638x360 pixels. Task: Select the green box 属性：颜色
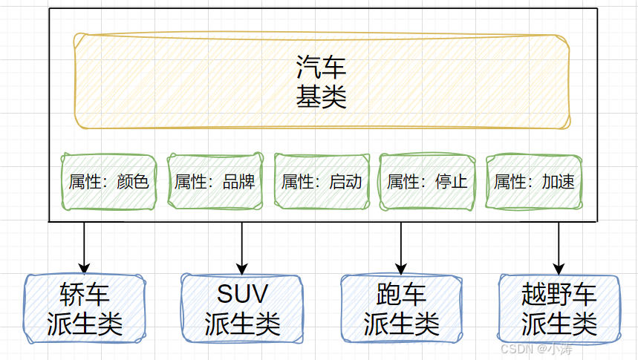tap(108, 182)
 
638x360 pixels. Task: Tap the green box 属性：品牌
tap(215, 182)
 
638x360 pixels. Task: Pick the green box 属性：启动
tap(322, 182)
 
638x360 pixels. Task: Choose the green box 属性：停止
tap(427, 182)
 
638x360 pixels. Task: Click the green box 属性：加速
tap(534, 182)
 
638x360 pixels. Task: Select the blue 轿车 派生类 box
tap(84, 309)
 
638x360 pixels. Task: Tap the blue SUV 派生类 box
tap(242, 309)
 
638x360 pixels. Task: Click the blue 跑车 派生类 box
tap(401, 309)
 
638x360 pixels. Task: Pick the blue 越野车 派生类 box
tap(559, 309)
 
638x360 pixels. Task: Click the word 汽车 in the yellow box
tap(322, 69)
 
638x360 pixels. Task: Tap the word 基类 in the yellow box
tap(322, 97)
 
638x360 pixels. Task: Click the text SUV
tap(242, 295)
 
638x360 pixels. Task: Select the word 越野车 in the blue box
tap(559, 295)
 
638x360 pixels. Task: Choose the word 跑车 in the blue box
tap(401, 295)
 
